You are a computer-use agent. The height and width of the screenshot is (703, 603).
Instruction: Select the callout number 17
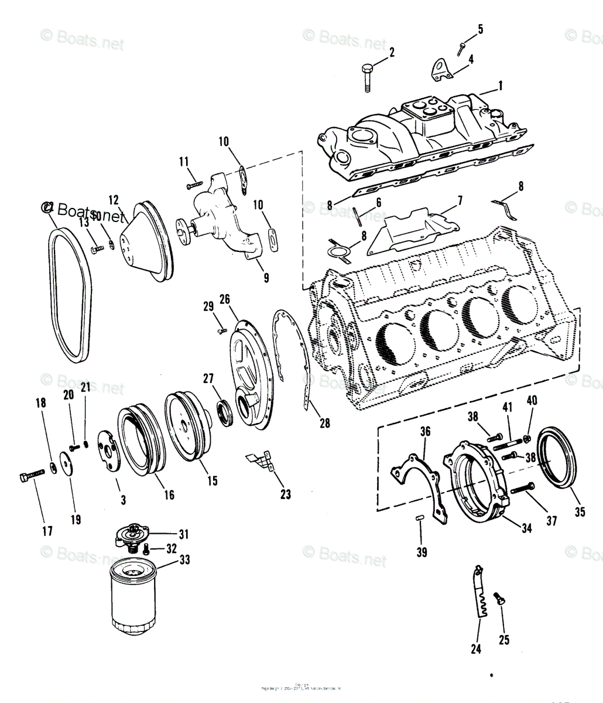(x=47, y=531)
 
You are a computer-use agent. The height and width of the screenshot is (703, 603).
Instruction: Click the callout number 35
(x=580, y=511)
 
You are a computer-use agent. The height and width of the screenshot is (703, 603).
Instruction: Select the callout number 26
(x=225, y=299)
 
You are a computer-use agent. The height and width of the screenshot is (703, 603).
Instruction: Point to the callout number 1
(x=501, y=86)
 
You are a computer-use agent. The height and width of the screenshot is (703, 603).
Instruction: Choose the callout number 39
(x=422, y=552)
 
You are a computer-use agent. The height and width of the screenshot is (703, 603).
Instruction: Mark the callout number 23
(x=285, y=494)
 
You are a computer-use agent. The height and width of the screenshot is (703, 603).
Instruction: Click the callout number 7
(x=460, y=200)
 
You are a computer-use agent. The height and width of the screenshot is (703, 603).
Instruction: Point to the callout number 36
(x=424, y=431)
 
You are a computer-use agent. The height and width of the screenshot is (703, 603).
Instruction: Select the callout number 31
(x=184, y=534)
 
